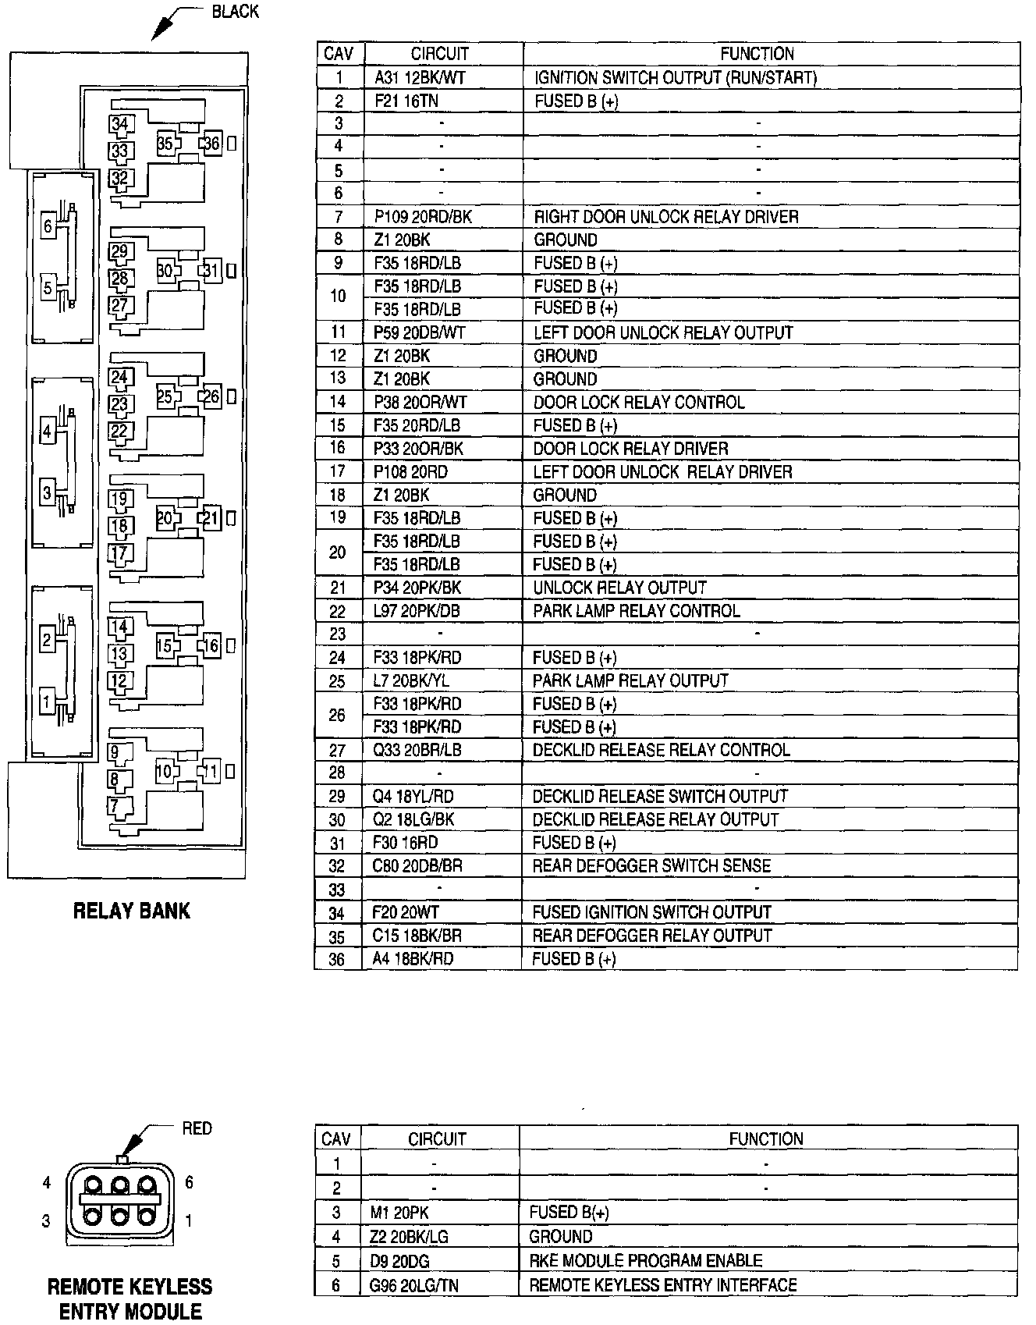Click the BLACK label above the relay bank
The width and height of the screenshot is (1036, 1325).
(235, 12)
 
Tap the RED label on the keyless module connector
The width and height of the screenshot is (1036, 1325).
(197, 1128)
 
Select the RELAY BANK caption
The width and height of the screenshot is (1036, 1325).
(131, 911)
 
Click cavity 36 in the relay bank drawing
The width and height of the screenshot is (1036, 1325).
(212, 144)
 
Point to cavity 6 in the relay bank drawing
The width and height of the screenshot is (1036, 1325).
(48, 226)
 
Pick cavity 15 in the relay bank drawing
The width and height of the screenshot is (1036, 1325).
(164, 646)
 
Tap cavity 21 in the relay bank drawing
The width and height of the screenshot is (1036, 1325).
(212, 519)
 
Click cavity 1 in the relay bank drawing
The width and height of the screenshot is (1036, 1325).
(48, 702)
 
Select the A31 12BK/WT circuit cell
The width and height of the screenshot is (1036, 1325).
(420, 77)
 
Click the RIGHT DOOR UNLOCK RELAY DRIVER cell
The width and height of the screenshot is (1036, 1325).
(665, 217)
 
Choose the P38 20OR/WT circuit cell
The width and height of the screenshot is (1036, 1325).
(420, 402)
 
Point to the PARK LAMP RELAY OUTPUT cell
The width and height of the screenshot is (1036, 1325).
(630, 680)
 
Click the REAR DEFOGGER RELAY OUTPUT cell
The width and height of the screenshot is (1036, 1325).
(651, 936)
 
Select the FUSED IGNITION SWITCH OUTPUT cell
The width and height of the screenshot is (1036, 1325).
(651, 912)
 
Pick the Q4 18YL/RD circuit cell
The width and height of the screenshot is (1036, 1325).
(413, 797)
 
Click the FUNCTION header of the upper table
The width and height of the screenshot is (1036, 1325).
(757, 54)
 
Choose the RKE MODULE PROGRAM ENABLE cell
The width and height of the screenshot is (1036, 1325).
(645, 1261)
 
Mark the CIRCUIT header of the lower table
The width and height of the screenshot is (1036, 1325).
(437, 1139)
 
